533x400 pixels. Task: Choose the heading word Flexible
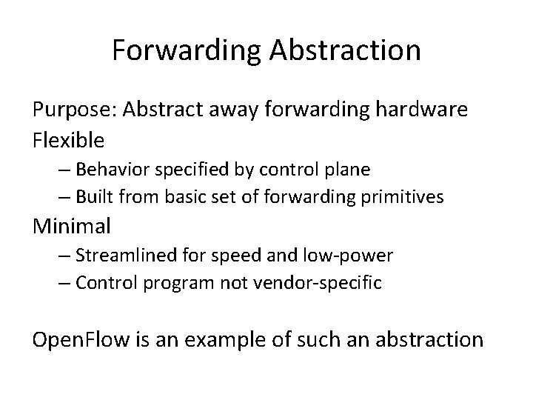coord(68,139)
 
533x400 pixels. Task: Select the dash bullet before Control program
coord(63,282)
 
